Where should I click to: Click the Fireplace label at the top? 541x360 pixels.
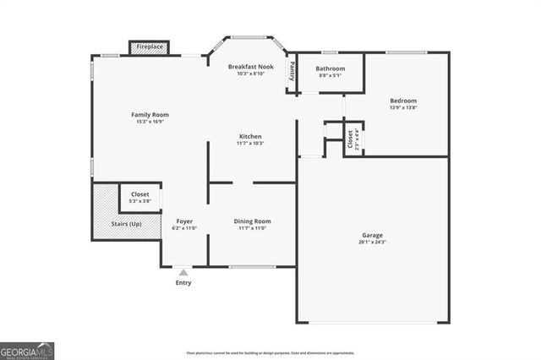pos(149,47)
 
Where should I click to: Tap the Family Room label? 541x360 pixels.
pos(150,114)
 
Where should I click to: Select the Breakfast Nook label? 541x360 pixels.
pos(250,66)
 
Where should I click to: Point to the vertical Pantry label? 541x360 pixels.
pos(292,71)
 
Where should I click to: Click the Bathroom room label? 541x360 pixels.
pos(331,68)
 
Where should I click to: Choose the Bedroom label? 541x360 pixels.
pos(403,101)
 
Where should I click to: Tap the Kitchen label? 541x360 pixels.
pos(250,136)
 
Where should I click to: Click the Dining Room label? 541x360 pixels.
pos(251,221)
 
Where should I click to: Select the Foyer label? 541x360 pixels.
pos(184,221)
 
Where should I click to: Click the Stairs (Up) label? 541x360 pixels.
pos(126,224)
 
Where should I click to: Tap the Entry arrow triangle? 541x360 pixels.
pos(183,272)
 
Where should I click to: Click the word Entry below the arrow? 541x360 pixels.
pos(183,282)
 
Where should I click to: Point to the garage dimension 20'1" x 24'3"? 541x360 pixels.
pos(373,242)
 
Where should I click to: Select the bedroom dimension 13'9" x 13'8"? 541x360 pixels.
pos(403,107)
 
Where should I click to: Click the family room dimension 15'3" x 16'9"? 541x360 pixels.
pos(150,121)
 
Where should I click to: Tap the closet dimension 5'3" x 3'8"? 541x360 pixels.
pos(140,200)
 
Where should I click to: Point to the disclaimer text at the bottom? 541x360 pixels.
pos(270,352)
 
